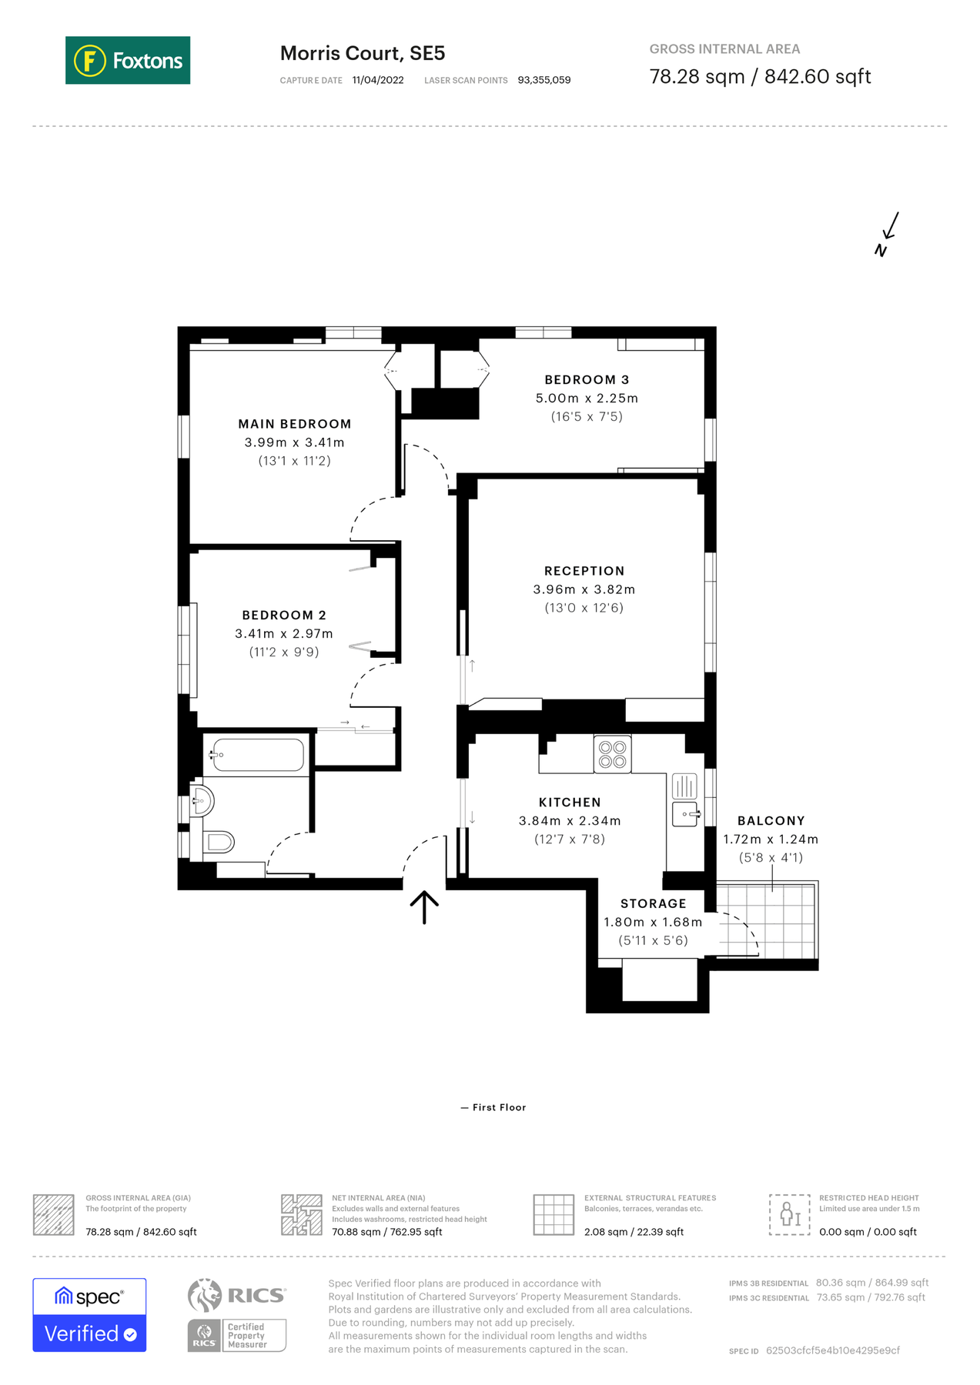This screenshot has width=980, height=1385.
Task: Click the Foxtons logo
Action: pyautogui.click(x=128, y=60)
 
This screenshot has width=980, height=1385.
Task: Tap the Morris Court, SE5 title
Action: pyautogui.click(x=363, y=53)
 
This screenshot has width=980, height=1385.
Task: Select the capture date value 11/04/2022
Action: pyautogui.click(x=378, y=80)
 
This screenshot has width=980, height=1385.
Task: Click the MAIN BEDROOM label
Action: pyautogui.click(x=295, y=424)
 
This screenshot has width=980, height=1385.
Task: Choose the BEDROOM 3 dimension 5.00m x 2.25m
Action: pyautogui.click(x=587, y=399)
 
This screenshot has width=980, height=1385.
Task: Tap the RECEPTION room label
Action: pyautogui.click(x=584, y=571)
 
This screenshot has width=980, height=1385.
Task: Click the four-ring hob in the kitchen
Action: pyautogui.click(x=613, y=754)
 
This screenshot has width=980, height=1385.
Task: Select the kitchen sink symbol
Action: pyautogui.click(x=685, y=813)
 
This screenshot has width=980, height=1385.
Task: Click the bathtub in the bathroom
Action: pyautogui.click(x=258, y=755)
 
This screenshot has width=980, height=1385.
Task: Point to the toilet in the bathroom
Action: pyautogui.click(x=218, y=842)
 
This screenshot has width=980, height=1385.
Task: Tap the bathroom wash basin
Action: pyautogui.click(x=202, y=801)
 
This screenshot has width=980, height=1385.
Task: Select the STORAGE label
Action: pyautogui.click(x=653, y=904)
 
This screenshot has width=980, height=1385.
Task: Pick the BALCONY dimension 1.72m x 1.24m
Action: pyautogui.click(x=771, y=839)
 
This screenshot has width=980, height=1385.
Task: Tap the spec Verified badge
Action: pyautogui.click(x=89, y=1315)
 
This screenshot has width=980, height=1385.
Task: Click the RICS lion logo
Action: pyautogui.click(x=205, y=1295)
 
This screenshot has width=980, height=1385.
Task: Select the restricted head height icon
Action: pyautogui.click(x=790, y=1215)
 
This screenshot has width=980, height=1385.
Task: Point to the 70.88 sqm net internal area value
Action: pyautogui.click(x=386, y=1232)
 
